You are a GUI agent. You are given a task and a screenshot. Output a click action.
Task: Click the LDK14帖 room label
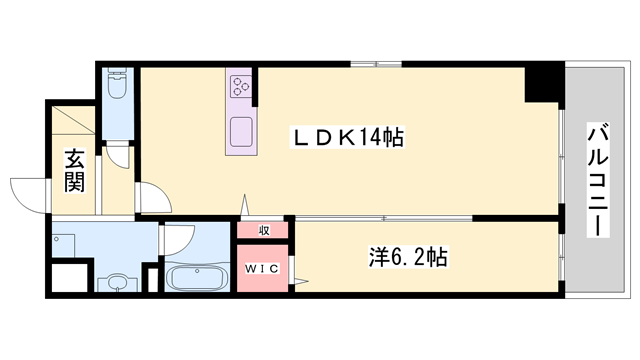(346, 138)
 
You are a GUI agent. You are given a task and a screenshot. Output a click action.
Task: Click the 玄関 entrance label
(74, 170)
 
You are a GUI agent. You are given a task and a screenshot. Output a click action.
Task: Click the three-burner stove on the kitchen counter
(241, 86)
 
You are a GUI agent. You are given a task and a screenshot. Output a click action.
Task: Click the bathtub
(196, 276)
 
